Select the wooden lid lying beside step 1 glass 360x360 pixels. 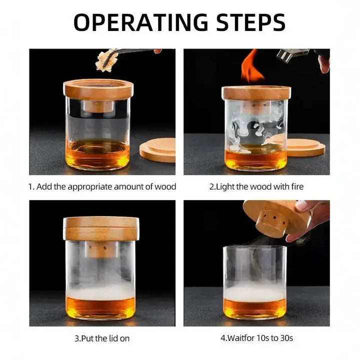click(x=157, y=149)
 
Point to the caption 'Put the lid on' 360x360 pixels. click(x=102, y=338)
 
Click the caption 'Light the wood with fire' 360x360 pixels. click(x=256, y=187)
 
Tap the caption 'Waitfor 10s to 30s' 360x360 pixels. click(x=256, y=338)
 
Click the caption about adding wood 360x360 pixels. click(x=102, y=187)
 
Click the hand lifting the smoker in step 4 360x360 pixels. click(x=312, y=213)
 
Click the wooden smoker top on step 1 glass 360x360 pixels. click(x=98, y=89)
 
